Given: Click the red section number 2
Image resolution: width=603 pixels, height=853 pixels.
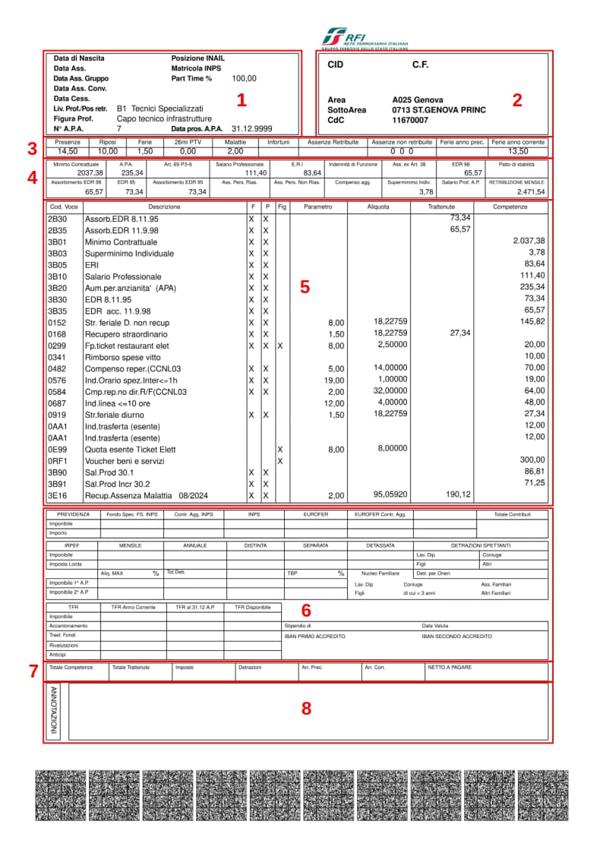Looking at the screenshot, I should (517, 100).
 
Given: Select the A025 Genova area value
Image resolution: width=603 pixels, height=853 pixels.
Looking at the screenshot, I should (418, 100).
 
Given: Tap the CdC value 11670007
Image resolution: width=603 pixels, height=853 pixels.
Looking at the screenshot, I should (410, 120).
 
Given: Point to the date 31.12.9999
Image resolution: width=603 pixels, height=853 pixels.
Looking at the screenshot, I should (251, 129).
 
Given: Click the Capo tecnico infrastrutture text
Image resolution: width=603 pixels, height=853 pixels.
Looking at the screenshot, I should (164, 119).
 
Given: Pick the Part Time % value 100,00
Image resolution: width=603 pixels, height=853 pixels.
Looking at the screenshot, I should (244, 78).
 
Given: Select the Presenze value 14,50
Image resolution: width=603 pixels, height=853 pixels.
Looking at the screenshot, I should (68, 151).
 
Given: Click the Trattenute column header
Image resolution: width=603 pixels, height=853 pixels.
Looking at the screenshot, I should (441, 207).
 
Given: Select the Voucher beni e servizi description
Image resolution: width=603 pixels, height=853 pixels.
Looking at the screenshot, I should (124, 461).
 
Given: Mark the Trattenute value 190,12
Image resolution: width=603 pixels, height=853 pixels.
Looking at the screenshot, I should (459, 495).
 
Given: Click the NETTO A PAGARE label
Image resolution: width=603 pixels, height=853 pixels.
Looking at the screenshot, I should (450, 668).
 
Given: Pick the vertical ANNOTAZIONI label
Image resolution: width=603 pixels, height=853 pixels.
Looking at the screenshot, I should (54, 710).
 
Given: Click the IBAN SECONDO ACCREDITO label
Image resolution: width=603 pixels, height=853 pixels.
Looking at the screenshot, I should (457, 636).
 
